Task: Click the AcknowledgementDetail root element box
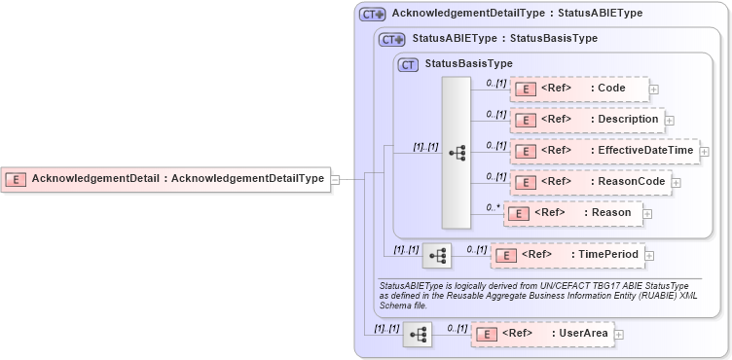pyautogui.click(x=165, y=179)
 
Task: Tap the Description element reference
pyautogui.click(x=587, y=121)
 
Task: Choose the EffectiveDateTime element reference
pyautogui.click(x=604, y=151)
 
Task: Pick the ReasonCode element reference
pyautogui.click(x=589, y=182)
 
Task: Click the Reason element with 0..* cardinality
pyautogui.click(x=571, y=213)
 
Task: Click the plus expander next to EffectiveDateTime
pyautogui.click(x=704, y=152)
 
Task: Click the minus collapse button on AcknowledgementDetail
pyautogui.click(x=335, y=179)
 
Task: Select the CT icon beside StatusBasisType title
pyautogui.click(x=409, y=64)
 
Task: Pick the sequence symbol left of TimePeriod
pyautogui.click(x=437, y=256)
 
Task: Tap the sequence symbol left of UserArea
pyautogui.click(x=418, y=335)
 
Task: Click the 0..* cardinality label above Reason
pyautogui.click(x=494, y=207)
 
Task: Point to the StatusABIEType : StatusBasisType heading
pyautogui.click(x=504, y=39)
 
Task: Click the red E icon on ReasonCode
pyautogui.click(x=525, y=183)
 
